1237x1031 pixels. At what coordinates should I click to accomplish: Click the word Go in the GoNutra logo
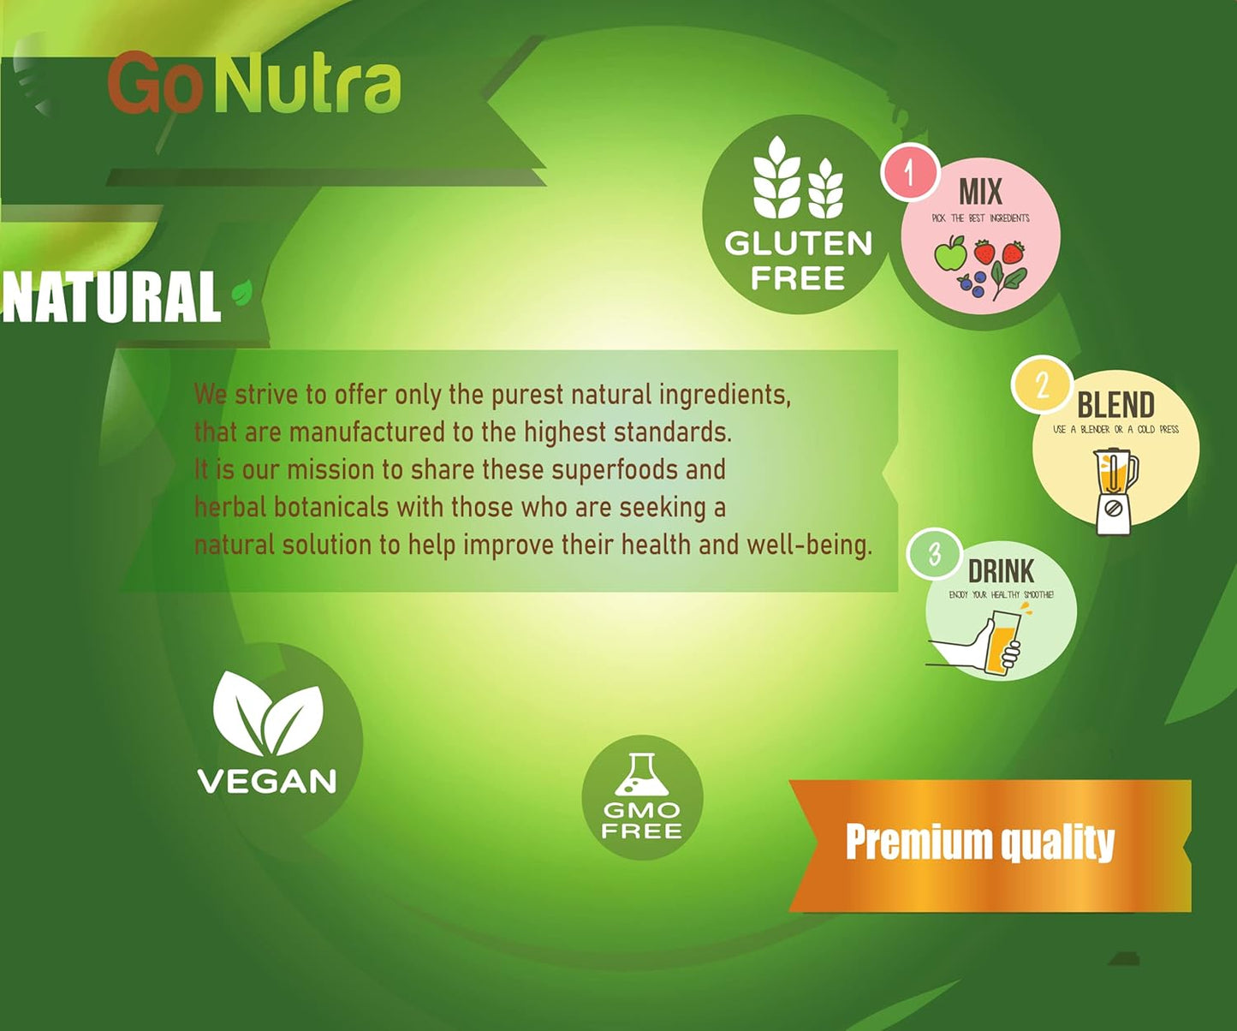click(154, 84)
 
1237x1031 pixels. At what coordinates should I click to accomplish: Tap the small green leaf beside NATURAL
click(242, 293)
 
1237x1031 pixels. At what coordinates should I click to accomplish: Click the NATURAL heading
click(111, 298)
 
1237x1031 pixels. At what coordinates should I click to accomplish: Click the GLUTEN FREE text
click(798, 260)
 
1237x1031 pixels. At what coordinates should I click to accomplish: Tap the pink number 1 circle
click(910, 172)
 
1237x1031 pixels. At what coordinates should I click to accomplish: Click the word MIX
click(980, 192)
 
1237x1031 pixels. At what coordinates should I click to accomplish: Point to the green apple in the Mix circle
click(950, 254)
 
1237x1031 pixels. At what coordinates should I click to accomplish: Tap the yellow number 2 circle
click(1041, 385)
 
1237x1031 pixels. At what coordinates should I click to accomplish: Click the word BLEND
click(1115, 405)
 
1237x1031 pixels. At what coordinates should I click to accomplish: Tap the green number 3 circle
click(935, 555)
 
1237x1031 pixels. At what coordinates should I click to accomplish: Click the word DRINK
click(1001, 571)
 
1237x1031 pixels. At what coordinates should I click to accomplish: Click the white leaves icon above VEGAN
click(268, 712)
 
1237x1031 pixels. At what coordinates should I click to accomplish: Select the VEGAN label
click(267, 781)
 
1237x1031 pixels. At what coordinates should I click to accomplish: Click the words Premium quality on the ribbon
click(980, 843)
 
